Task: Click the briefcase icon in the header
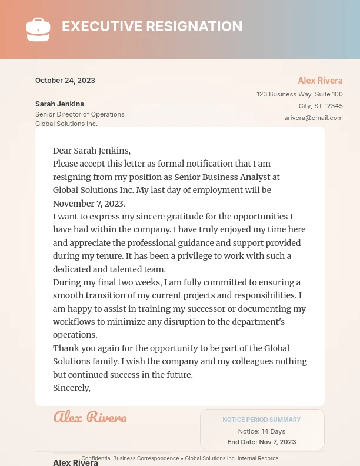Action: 38,29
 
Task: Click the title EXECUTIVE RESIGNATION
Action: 152,26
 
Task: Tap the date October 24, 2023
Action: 65,81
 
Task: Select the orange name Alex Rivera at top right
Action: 320,81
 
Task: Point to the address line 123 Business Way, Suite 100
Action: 299,94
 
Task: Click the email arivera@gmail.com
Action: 313,118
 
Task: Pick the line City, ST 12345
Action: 321,106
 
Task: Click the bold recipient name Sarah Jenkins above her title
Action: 59,104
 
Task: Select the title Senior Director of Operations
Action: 80,114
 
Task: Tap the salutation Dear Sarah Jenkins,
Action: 92,151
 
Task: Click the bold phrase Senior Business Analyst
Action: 222,177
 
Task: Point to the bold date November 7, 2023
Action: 89,203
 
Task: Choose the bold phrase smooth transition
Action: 89,295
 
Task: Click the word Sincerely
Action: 72,388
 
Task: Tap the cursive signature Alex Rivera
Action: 90,417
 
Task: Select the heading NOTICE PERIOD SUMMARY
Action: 262,420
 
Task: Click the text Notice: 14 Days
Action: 262,431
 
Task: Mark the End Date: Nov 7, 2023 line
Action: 262,442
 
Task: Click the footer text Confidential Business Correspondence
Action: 130,458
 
